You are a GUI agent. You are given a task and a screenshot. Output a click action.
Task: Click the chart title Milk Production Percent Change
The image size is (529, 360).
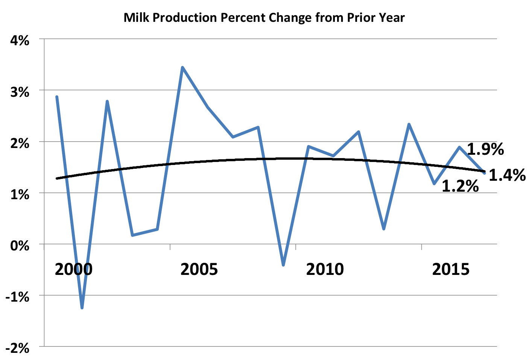pyautogui.click(x=264, y=17)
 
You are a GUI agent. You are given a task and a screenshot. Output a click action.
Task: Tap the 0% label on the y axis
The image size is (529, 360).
pyautogui.click(x=19, y=246)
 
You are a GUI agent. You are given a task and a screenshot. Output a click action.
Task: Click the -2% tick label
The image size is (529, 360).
pyautogui.click(x=17, y=348)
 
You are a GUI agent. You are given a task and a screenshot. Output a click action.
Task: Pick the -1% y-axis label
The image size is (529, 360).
pyautogui.click(x=17, y=297)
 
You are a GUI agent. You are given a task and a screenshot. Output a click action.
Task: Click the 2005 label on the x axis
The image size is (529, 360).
pyautogui.click(x=199, y=270)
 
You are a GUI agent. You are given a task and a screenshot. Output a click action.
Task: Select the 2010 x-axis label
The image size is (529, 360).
pyautogui.click(x=325, y=270)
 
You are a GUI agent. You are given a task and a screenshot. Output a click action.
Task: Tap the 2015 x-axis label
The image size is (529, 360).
pyautogui.click(x=451, y=270)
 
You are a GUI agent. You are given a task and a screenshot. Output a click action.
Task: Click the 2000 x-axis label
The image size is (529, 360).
pyautogui.click(x=73, y=270)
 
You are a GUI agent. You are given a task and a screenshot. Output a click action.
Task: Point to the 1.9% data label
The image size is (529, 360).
pyautogui.click(x=485, y=149)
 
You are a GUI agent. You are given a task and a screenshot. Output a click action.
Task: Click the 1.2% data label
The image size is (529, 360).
pyautogui.click(x=460, y=186)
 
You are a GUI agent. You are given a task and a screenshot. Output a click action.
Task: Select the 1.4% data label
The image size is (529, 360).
pyautogui.click(x=507, y=175)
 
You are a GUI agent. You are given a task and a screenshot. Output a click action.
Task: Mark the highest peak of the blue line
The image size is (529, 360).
pyautogui.click(x=182, y=67)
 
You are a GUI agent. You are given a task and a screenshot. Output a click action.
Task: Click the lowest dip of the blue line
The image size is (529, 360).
pyautogui.click(x=82, y=308)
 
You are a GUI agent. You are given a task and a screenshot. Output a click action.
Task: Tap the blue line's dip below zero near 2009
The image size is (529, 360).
pyautogui.click(x=283, y=265)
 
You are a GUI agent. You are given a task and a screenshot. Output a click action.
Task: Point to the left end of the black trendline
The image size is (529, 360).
pyautogui.click(x=57, y=178)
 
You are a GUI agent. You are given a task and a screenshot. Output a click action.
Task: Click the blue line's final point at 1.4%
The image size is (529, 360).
pyautogui.click(x=485, y=173)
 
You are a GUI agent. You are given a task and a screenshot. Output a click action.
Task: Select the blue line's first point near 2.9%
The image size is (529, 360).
pyautogui.click(x=57, y=97)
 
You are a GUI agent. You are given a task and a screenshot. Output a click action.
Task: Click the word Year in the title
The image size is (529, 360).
pyautogui.click(x=392, y=17)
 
